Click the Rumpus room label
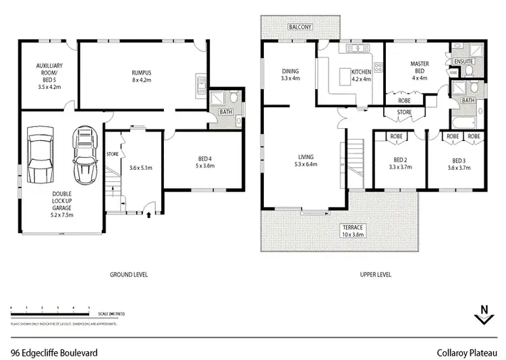(x=141, y=76)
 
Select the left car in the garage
(x=40, y=153)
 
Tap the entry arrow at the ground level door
(x=148, y=215)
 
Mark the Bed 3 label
(x=459, y=164)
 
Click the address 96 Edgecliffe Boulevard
(x=55, y=352)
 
